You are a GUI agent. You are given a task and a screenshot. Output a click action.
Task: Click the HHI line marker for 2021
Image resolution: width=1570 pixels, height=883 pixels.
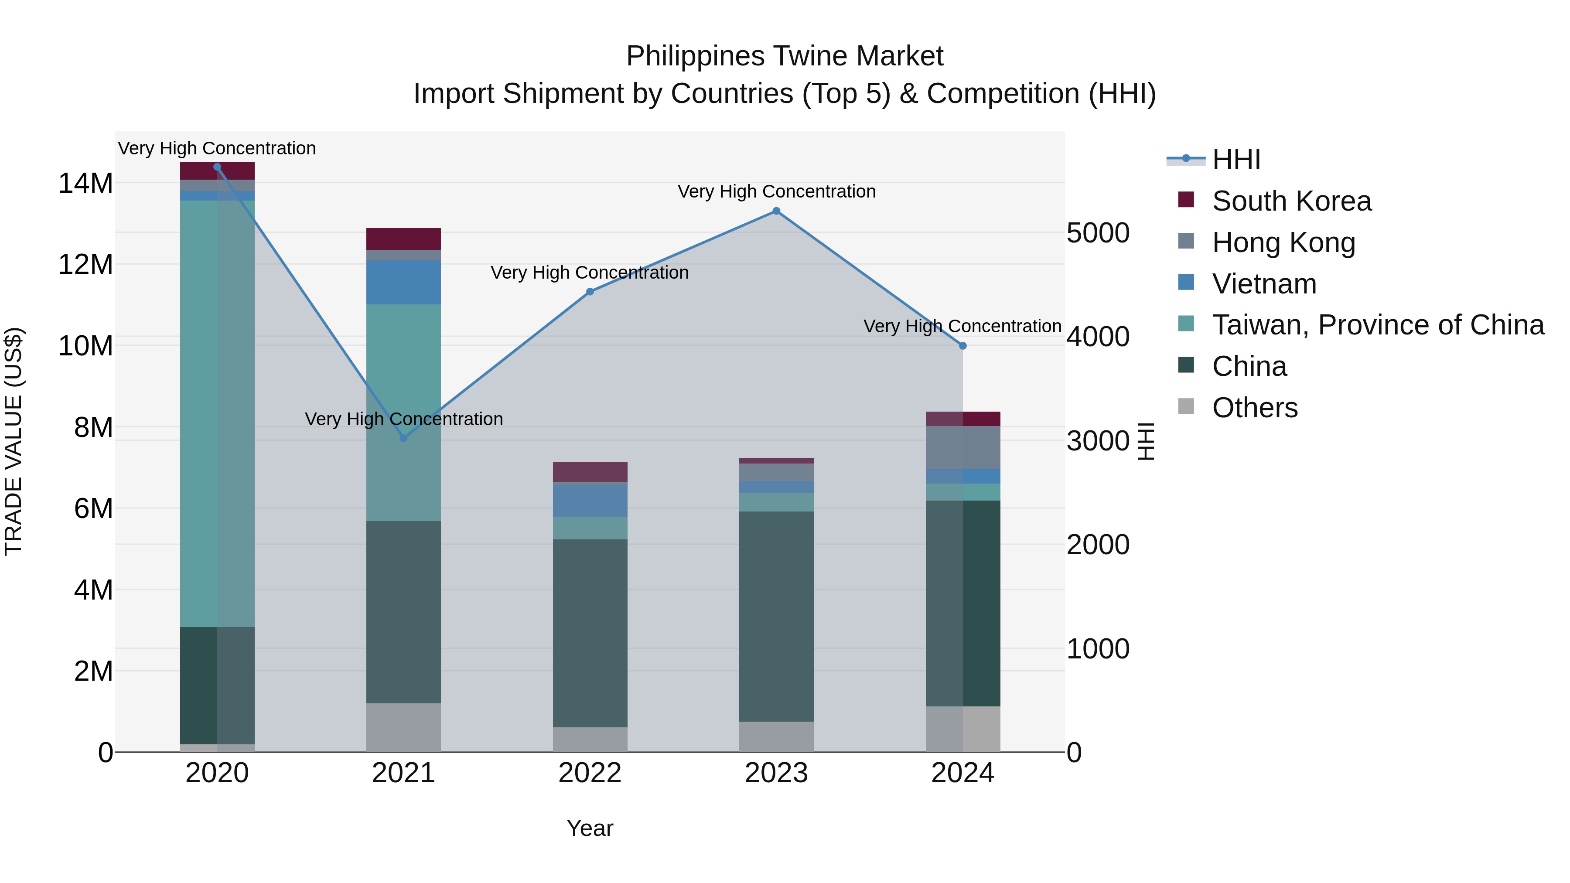click(403, 437)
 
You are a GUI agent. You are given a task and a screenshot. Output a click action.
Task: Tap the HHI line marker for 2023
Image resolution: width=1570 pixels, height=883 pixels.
click(776, 211)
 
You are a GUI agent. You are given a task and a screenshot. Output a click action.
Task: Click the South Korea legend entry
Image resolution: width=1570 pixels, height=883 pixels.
click(1291, 201)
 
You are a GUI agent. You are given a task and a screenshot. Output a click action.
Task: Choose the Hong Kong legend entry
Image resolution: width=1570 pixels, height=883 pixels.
click(1283, 242)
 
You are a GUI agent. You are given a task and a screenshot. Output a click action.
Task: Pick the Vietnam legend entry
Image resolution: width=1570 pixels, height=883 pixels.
click(1264, 284)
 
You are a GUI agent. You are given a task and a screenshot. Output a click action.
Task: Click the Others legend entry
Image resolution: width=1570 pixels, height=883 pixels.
click(1254, 408)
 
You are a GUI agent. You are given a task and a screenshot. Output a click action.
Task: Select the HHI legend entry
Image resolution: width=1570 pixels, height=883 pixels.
click(1236, 160)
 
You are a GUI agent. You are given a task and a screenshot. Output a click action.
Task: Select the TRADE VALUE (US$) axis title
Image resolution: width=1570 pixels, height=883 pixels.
click(14, 441)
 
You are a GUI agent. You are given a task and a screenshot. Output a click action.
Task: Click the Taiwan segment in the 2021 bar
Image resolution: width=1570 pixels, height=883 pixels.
click(403, 413)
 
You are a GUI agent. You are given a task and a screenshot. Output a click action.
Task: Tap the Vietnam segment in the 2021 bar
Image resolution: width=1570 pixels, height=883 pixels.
click(403, 282)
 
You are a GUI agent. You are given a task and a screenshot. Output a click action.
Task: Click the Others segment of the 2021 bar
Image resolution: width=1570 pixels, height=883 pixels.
click(403, 728)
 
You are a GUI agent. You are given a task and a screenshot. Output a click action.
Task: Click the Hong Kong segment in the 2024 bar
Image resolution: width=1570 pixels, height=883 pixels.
click(963, 447)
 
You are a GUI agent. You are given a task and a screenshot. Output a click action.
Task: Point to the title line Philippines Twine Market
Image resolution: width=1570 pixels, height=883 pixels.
click(785, 56)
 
